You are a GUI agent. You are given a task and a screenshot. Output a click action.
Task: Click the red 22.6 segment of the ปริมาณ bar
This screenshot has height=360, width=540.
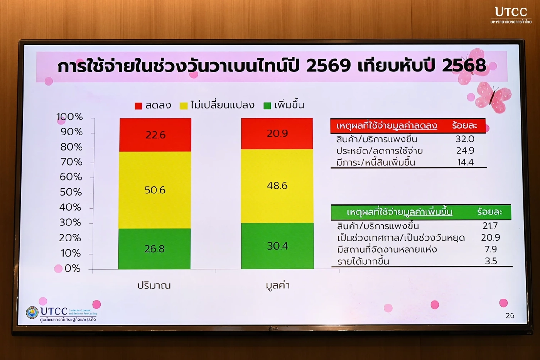[155, 135]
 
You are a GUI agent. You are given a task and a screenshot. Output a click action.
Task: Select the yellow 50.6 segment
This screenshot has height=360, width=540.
[155, 190]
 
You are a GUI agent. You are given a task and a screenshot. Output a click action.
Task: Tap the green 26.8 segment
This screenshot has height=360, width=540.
[154, 249]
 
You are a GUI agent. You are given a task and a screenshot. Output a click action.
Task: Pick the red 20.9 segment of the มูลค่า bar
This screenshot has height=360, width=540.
[277, 134]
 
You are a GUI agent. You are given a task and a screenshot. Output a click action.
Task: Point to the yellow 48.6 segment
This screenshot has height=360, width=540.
[277, 186]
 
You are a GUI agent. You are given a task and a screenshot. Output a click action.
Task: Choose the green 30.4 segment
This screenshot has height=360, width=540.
[277, 246]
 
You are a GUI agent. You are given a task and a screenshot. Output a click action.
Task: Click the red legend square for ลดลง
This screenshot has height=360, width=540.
[138, 106]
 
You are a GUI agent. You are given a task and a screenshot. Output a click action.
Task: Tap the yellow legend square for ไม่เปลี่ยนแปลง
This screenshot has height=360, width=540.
[184, 106]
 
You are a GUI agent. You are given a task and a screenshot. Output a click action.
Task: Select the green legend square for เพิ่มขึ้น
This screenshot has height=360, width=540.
[267, 106]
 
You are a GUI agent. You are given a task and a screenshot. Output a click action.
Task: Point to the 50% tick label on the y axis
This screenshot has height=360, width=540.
[71, 192]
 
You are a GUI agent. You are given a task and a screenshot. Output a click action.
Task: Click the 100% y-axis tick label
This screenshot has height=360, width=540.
[70, 117]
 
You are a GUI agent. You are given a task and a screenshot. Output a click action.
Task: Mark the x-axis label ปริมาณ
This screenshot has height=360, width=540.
[154, 286]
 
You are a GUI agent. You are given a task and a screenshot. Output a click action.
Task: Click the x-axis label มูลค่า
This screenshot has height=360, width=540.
[277, 286]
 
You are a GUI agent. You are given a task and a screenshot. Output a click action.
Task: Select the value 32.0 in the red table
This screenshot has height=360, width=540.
[465, 139]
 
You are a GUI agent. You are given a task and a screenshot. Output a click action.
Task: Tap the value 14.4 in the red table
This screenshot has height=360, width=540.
[465, 162]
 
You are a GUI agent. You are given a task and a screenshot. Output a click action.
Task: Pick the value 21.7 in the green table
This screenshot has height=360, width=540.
[490, 226]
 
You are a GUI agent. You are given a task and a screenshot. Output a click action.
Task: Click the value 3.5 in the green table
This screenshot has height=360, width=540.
[491, 261]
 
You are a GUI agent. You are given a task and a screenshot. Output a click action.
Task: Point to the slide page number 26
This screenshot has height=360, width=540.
[510, 316]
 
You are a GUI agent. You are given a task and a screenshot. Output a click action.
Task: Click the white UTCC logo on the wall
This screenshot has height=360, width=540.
[511, 15]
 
